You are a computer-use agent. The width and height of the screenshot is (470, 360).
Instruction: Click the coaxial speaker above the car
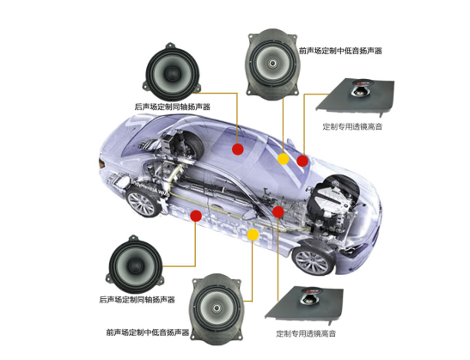172,72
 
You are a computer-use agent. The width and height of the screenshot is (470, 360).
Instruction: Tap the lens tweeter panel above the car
355,96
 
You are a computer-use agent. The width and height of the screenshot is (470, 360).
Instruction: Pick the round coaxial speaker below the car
136,265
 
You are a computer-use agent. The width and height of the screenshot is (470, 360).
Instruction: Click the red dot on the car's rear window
238,149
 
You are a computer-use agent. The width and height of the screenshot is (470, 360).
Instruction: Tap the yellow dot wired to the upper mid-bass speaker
283,159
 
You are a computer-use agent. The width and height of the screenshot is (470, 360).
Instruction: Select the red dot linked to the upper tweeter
302,161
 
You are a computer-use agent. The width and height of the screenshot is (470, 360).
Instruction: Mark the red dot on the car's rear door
196,216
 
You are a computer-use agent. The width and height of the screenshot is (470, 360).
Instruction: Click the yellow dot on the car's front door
253,235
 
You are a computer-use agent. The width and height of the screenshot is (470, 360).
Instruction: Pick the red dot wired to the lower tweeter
278,211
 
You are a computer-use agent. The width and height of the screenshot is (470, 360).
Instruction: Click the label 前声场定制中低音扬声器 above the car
341,51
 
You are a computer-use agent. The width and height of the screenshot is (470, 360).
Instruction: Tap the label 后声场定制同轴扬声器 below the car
137,300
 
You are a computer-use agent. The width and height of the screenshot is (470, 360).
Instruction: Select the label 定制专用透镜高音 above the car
352,126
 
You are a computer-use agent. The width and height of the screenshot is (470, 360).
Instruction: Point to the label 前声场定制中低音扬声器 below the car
148,333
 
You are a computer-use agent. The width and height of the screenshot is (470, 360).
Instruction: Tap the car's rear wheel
143,203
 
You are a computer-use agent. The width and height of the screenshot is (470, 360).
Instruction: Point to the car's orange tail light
101,162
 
